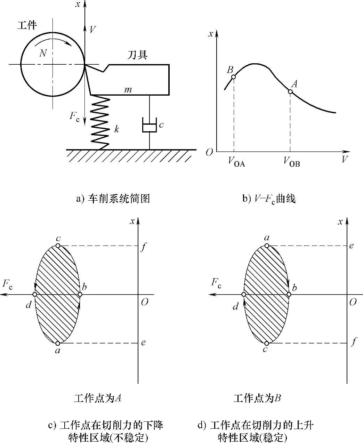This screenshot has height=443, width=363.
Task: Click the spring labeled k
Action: pos(100,122)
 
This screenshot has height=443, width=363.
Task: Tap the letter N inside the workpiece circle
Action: pos(42,53)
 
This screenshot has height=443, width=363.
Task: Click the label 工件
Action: pos(27,25)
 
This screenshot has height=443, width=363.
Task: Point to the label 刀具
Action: pos(137,55)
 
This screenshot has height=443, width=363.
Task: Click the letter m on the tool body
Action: pos(128,90)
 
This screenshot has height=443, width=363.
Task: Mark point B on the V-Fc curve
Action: pos(233,77)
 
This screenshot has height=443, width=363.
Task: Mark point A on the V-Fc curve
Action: pos(290,92)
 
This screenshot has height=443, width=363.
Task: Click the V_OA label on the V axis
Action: pos(236,162)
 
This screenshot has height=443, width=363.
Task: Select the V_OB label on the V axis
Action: pos(291,162)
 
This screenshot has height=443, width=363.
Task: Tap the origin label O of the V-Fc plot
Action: pos(209,152)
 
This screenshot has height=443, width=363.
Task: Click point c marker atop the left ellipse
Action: pos(58,246)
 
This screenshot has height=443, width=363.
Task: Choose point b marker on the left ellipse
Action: pos(80,295)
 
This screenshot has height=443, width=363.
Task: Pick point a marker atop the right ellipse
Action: pos(267,246)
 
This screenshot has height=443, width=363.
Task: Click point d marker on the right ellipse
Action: pos(244,295)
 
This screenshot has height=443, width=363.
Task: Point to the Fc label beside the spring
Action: pos(74,116)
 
